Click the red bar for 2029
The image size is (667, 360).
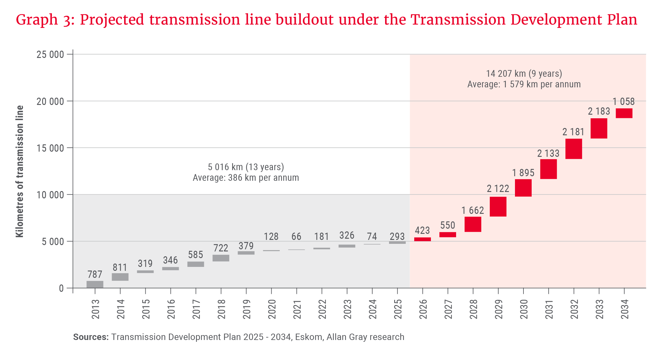pyautogui.click(x=498, y=207)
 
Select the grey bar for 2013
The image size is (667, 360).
pyautogui.click(x=95, y=284)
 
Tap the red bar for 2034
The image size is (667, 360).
pyautogui.click(x=624, y=113)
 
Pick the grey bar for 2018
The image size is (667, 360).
pyautogui.click(x=221, y=258)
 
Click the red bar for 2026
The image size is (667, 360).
pyautogui.click(x=422, y=239)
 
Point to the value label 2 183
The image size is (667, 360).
pyautogui.click(x=599, y=111)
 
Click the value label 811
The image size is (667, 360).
pyautogui.click(x=120, y=267)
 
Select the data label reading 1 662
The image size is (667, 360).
pyautogui.click(x=472, y=210)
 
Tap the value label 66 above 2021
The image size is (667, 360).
pyautogui.click(x=296, y=236)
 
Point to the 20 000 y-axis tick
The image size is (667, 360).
pyautogui.click(x=50, y=101)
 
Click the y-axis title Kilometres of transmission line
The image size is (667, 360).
pyautogui.click(x=19, y=171)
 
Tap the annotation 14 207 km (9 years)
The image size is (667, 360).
pyautogui.click(x=524, y=73)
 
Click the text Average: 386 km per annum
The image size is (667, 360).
pyautogui.click(x=246, y=178)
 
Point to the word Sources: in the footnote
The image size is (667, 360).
pyautogui.click(x=91, y=337)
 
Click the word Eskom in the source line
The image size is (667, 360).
pyautogui.click(x=309, y=337)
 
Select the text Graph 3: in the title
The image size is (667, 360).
pyautogui.click(x=45, y=20)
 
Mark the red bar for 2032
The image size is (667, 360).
pyautogui.click(x=574, y=149)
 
